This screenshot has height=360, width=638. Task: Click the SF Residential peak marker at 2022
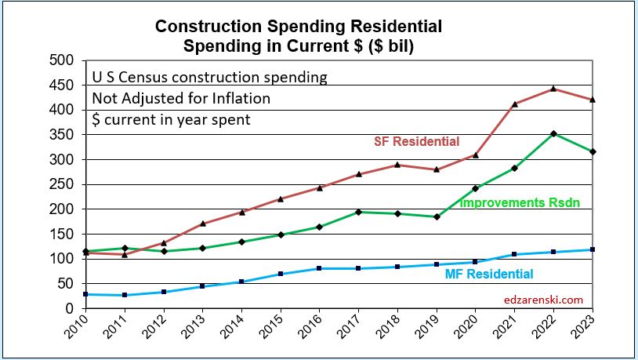pyautogui.click(x=553, y=89)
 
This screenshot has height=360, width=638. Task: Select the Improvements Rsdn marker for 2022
pyautogui.click(x=553, y=133)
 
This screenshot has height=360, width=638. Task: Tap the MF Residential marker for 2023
pyautogui.click(x=591, y=249)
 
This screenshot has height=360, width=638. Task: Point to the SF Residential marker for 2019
pyautogui.click(x=437, y=169)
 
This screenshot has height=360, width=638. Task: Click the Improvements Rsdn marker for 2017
pyautogui.click(x=358, y=212)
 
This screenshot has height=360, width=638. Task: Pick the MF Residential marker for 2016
pyautogui.click(x=319, y=268)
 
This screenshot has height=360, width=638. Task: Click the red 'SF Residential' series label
pyautogui.click(x=415, y=142)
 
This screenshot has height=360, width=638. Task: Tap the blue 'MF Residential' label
pyautogui.click(x=489, y=274)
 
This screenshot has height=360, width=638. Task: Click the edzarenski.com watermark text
pyautogui.click(x=543, y=299)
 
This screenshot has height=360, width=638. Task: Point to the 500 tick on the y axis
pyautogui.click(x=61, y=60)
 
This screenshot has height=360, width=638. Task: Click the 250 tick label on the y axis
pyautogui.click(x=61, y=184)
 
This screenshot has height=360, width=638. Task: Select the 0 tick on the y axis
pyautogui.click(x=69, y=308)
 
